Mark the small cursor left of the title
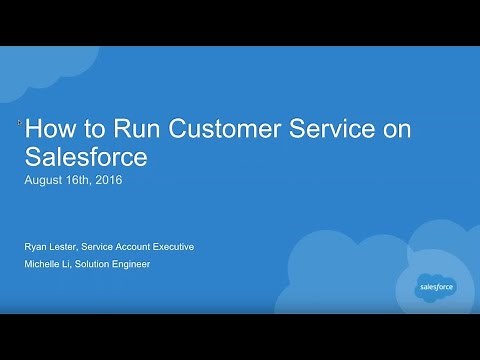pos(20,123)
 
